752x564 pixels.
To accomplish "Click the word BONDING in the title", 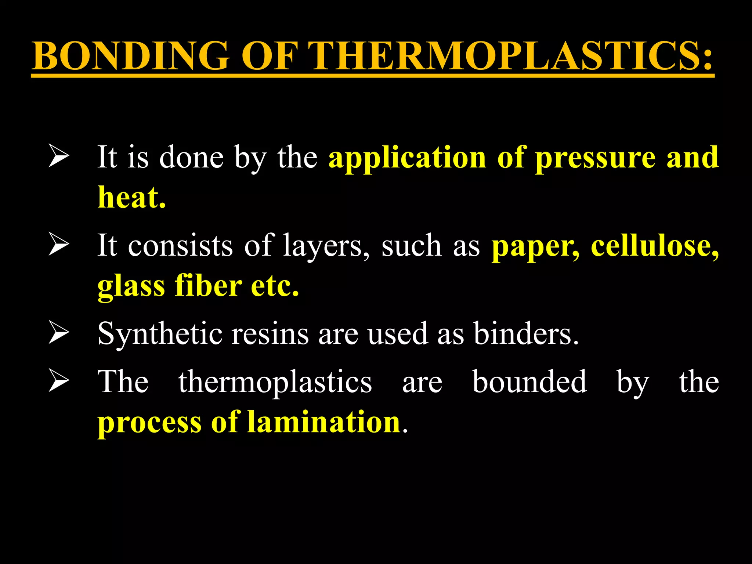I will [130, 56].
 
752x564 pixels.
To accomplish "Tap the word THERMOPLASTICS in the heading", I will [510, 56].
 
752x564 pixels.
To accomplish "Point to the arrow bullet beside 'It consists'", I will [59, 245].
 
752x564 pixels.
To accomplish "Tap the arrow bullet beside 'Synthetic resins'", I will [59, 333].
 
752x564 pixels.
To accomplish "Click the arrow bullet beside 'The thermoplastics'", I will [59, 382].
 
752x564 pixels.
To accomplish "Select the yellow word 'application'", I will [407, 158].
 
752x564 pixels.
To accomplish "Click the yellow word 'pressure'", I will [595, 158].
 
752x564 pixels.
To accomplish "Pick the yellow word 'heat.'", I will [131, 198].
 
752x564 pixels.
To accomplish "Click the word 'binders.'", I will [526, 333].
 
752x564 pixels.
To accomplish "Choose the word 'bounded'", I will [529, 382].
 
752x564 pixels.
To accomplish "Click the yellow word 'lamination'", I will [323, 422].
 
